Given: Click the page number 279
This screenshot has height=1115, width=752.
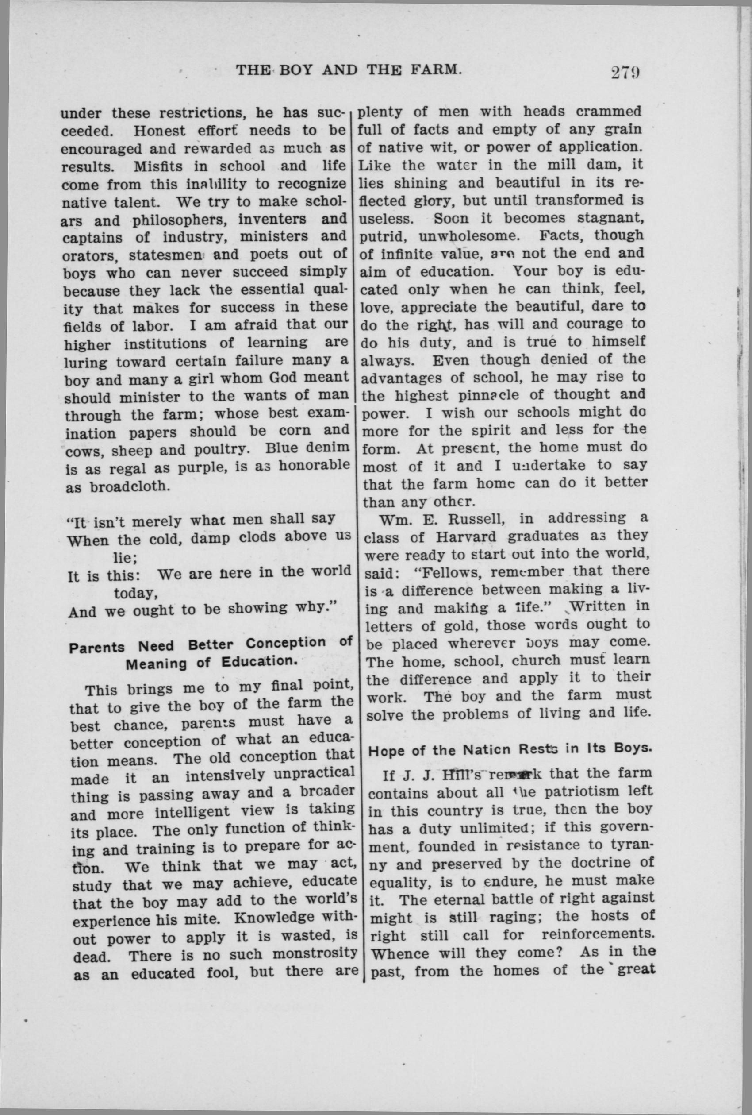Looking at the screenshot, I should click(x=626, y=73).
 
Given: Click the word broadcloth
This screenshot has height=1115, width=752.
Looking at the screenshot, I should click(x=131, y=486).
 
